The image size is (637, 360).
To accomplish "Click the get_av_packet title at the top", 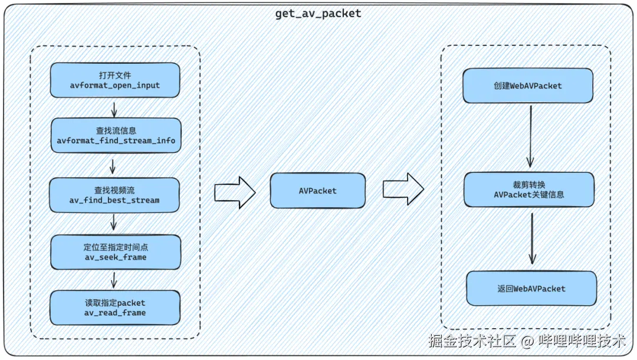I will point(318,14).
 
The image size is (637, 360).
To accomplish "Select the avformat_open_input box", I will point(114,80).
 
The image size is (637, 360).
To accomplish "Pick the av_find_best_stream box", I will point(114,195).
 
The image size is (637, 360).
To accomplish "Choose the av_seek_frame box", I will point(115,252).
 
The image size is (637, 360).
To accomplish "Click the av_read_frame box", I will point(115,307).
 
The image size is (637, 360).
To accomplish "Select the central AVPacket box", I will point(318,191).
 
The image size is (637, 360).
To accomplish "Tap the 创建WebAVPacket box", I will point(527,86).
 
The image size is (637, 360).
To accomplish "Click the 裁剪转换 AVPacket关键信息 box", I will point(529,189).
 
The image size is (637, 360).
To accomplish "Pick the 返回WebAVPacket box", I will point(531,289).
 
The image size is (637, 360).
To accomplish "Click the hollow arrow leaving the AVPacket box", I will point(403,189).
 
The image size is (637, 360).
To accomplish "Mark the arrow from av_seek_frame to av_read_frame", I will point(114,280).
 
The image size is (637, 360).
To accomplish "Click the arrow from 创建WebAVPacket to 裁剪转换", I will point(530,137).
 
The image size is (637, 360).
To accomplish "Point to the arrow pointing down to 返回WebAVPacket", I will point(532,238).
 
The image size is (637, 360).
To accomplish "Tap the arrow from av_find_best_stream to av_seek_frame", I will point(114,222).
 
